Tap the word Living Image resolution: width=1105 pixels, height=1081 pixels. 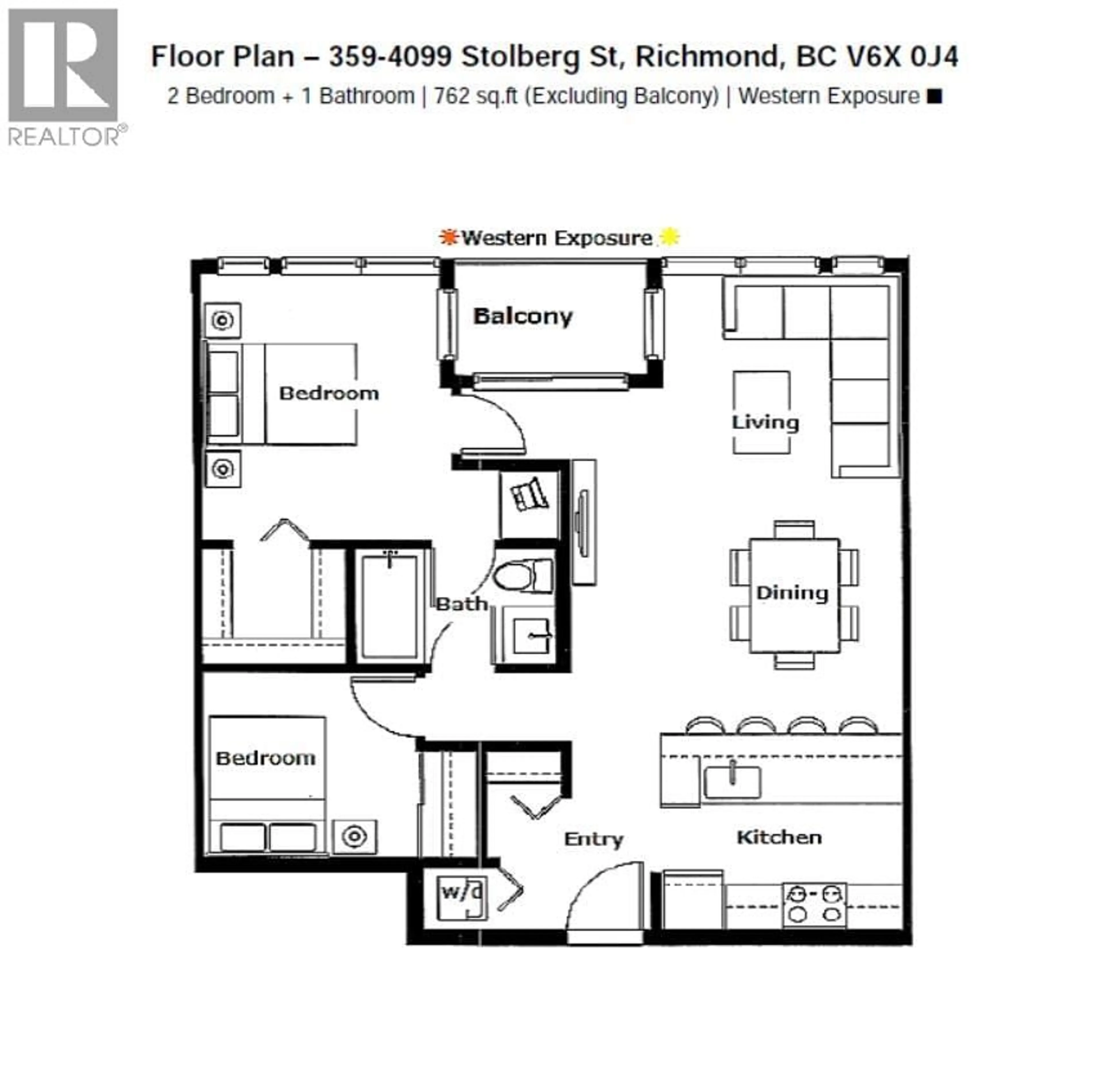tap(765, 422)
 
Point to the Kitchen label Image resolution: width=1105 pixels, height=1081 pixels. tap(779, 837)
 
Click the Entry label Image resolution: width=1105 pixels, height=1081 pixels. tap(593, 839)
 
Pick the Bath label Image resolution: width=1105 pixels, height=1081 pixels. tap(461, 604)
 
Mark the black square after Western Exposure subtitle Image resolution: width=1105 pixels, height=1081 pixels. tap(935, 97)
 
